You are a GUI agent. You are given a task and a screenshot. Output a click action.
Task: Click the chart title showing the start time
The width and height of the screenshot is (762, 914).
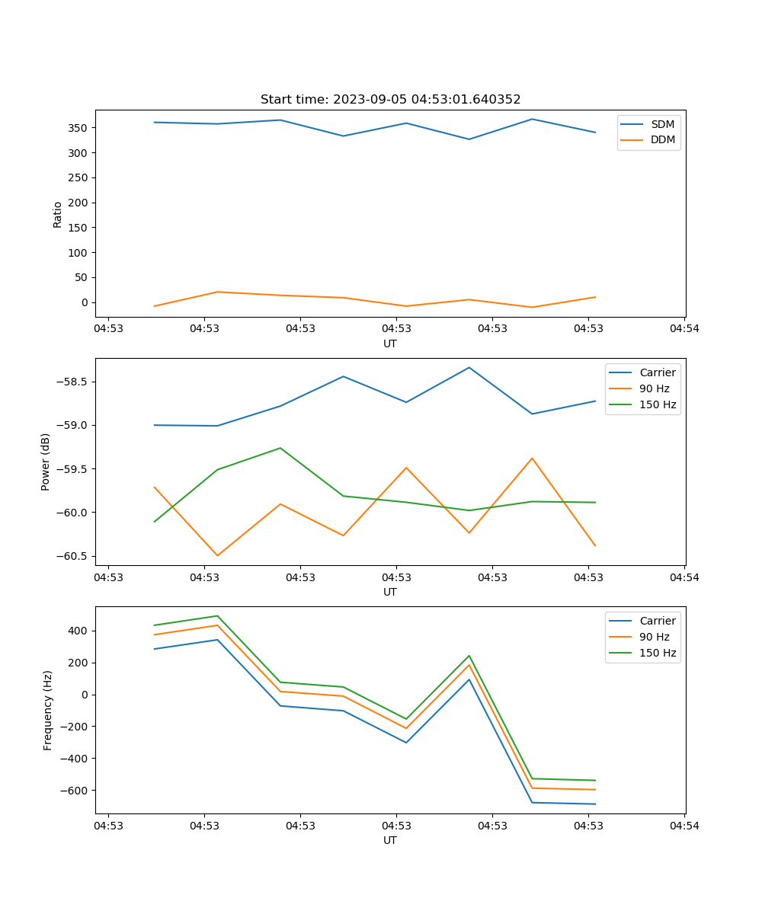(390, 100)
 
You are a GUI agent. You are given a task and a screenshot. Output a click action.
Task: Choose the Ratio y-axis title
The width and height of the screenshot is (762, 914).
(58, 214)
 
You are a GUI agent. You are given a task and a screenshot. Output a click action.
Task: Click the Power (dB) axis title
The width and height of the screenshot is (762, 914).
(46, 462)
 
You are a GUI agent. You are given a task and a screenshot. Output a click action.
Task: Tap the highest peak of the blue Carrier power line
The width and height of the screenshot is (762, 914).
(469, 368)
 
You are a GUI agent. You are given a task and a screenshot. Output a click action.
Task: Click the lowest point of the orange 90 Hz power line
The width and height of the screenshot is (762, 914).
(217, 555)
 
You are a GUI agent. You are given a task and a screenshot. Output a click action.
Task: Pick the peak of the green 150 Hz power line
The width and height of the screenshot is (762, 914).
(280, 448)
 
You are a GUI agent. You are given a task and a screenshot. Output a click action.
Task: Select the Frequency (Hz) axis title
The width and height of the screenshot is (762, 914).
(48, 710)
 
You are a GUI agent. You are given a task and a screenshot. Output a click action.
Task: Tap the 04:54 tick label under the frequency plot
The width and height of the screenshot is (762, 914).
(684, 825)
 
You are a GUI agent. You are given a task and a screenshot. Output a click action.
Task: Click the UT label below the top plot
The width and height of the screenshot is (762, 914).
(390, 344)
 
